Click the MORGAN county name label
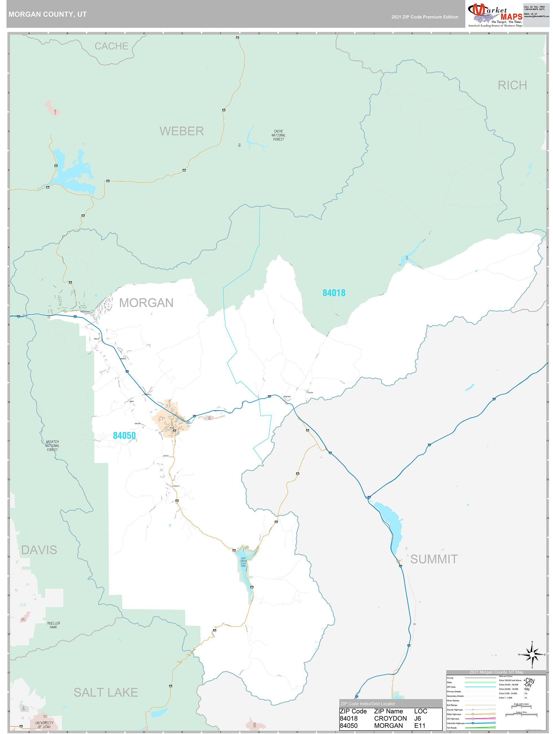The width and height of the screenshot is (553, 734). [146, 303]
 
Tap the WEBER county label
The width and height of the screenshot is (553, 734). [182, 131]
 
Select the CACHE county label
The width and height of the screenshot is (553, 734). [111, 46]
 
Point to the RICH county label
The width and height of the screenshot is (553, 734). [512, 85]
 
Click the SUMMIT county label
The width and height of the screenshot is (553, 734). [434, 559]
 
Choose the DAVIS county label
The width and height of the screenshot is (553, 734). [39, 550]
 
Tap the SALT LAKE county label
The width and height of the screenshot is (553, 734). [106, 692]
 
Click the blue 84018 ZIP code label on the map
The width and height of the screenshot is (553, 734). [334, 293]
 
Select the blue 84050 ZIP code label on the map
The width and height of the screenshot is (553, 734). [124, 435]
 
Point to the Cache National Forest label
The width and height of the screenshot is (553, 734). [279, 136]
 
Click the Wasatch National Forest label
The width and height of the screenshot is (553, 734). [52, 446]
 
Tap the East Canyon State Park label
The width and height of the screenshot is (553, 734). [243, 562]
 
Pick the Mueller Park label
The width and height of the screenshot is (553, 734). [53, 625]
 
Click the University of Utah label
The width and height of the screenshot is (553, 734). [44, 725]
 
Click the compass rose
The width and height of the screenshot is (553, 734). [532, 655]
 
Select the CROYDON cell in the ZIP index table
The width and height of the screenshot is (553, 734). [390, 718]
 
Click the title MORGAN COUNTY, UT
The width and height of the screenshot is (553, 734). [47, 14]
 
